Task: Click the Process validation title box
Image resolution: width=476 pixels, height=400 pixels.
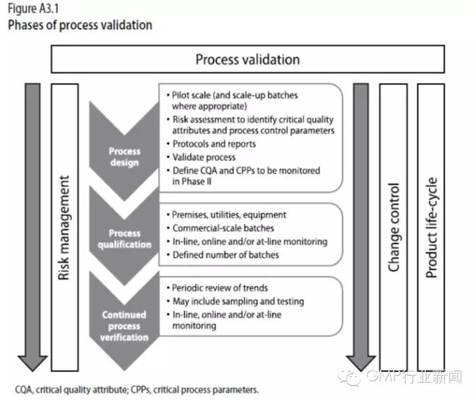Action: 247,60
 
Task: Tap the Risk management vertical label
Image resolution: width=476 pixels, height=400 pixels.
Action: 65,227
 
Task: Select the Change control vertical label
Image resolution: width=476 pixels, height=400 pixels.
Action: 394,227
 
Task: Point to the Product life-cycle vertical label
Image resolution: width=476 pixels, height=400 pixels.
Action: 431,227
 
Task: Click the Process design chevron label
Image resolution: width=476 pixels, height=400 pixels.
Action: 124,157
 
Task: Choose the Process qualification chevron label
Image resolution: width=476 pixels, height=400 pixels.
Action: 124,238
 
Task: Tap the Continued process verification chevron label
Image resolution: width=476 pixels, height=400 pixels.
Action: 124,326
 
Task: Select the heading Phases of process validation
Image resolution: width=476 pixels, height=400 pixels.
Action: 79,26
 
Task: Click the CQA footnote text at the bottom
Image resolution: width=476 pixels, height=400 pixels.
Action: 137,390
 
